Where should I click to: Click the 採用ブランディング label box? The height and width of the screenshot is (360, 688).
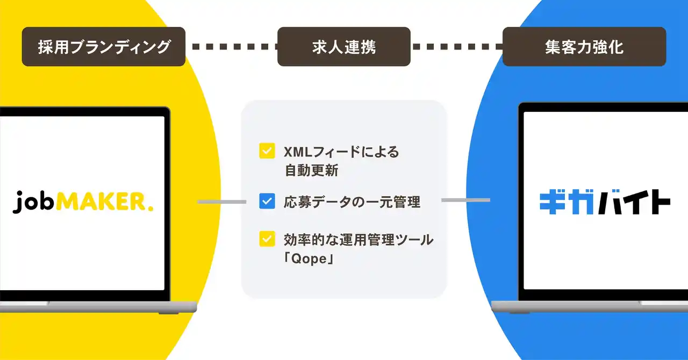pos(104,47)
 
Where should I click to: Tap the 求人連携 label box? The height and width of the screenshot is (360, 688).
pos(343,47)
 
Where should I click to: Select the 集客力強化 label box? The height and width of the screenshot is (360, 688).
pos(584,47)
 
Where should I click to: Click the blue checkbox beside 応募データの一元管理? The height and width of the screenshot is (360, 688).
pos(267,201)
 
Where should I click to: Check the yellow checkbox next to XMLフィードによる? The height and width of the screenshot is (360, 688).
pos(267,151)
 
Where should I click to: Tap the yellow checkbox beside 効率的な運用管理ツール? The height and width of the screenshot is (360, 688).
pos(267,239)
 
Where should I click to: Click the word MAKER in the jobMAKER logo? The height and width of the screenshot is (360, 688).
pos(101,202)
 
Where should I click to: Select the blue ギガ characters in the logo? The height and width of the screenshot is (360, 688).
pos(567,203)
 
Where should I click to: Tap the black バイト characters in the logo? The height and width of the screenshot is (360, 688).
pos(634,203)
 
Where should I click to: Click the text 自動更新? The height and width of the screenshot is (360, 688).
pos(311,170)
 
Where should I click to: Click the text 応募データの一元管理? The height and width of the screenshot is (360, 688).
pos(352,202)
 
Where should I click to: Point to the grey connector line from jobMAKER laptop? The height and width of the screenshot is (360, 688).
pos(222,202)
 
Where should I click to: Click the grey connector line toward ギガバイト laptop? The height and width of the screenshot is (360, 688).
pos(465,200)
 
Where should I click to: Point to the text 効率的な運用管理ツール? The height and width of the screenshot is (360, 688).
pos(359,240)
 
